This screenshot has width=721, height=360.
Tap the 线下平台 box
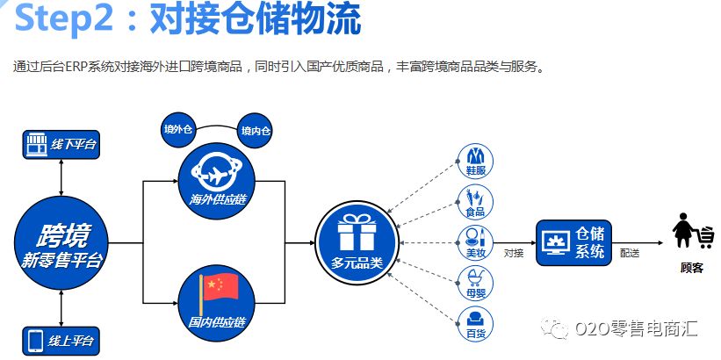pos(61,145)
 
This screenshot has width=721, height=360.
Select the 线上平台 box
pos(61,340)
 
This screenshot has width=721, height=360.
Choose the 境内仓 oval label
pos(256,130)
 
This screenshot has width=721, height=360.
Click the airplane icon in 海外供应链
pos(216,169)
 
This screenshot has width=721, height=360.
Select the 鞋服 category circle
pos(476,162)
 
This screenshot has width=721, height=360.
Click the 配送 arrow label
pos(630,252)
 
